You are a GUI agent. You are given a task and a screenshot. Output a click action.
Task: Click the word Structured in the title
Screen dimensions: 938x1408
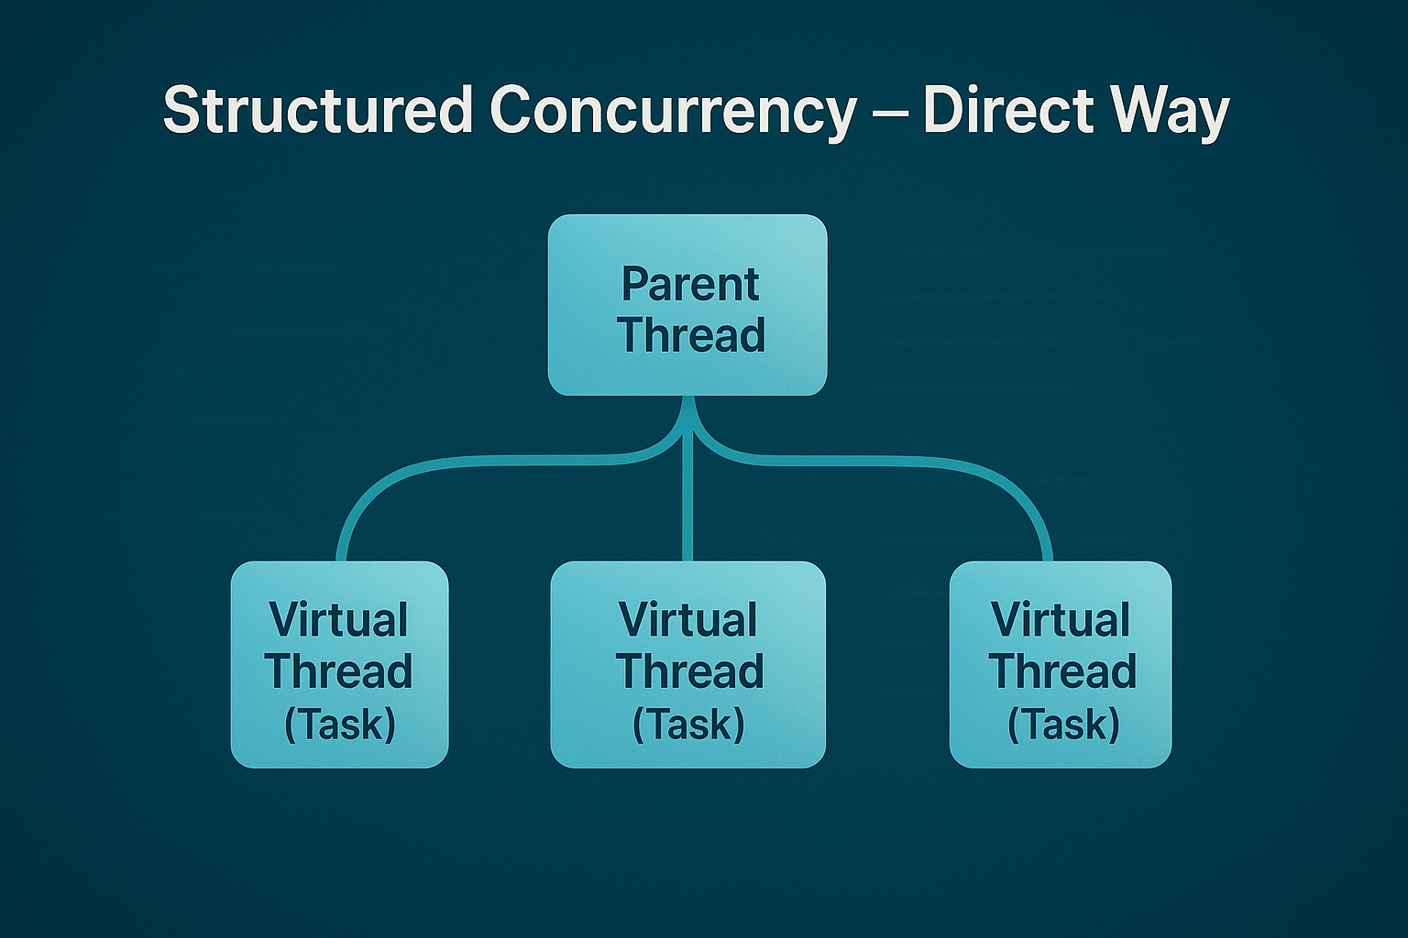click(x=317, y=111)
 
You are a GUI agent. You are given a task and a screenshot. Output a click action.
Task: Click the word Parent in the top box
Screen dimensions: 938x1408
click(x=690, y=284)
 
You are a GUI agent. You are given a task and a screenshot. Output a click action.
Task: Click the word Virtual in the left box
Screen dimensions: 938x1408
click(x=338, y=620)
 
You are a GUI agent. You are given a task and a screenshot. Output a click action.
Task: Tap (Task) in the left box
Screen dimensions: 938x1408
click(x=339, y=725)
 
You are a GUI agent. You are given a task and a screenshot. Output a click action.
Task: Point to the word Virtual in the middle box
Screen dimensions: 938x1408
click(x=687, y=620)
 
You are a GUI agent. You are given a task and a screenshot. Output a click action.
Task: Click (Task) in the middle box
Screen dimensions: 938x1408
click(x=688, y=725)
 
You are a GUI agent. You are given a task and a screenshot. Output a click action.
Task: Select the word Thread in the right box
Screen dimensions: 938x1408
click(x=1062, y=671)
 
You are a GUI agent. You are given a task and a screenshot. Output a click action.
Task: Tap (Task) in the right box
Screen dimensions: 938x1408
click(x=1063, y=725)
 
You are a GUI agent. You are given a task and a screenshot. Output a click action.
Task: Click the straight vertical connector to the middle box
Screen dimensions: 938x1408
click(x=687, y=513)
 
